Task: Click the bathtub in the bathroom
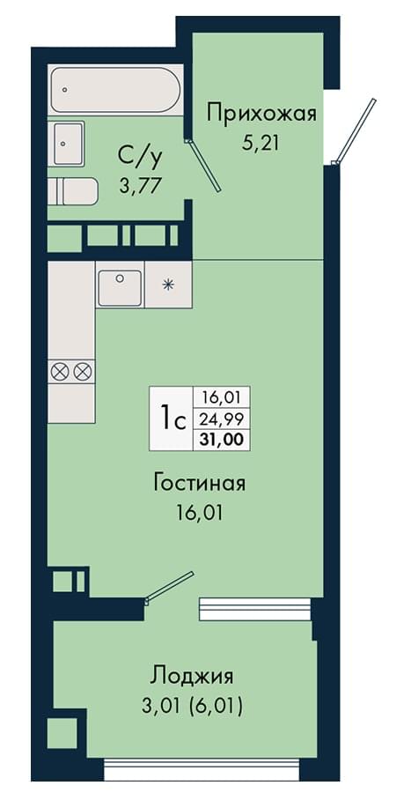115,91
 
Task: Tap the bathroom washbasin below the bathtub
68,144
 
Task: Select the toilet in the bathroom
76,191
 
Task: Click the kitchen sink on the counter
120,288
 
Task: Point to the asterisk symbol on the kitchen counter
167,285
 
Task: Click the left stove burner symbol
60,372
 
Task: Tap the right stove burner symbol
82,372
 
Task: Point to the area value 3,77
141,186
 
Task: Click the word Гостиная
200,484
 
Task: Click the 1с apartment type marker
172,419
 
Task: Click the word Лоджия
192,677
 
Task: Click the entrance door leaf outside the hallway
356,130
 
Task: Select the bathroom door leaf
203,166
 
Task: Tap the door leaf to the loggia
169,587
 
